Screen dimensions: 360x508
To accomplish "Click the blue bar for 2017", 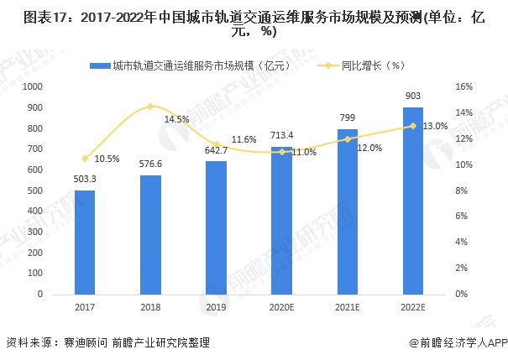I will [x=85, y=243].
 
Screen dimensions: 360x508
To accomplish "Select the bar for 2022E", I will [x=413, y=201].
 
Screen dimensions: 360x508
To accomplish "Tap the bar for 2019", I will [x=216, y=227].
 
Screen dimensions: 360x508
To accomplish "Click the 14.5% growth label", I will [x=176, y=119].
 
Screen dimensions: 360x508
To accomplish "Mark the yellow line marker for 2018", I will [x=150, y=107].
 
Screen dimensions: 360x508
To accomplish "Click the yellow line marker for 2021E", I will [x=348, y=139].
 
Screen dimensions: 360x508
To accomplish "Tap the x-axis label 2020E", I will [x=281, y=307].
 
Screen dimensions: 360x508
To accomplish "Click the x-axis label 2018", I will [x=150, y=307].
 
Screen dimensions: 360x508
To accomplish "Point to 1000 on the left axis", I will [x=34, y=86].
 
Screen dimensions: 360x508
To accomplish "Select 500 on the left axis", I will [x=36, y=190].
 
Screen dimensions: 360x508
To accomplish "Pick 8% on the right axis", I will [x=462, y=190].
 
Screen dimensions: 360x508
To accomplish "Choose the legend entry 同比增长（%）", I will [x=364, y=65].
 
